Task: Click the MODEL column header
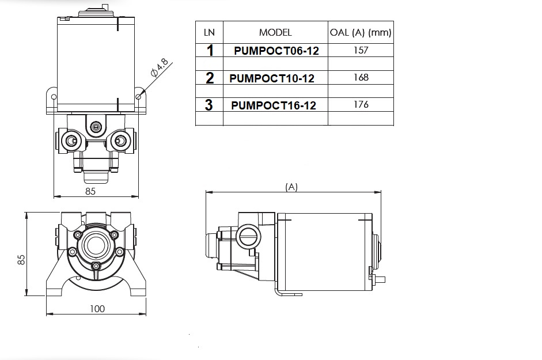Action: [x=275, y=32]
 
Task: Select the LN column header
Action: [x=209, y=32]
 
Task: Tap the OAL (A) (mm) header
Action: [x=361, y=32]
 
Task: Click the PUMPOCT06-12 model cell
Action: [x=276, y=51]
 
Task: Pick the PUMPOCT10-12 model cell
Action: [x=272, y=78]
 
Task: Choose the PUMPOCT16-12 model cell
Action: [x=274, y=105]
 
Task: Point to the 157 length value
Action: [x=361, y=50]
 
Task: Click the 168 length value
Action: [x=361, y=78]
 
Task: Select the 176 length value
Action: [x=361, y=105]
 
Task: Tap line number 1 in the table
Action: [x=210, y=51]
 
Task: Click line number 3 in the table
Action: [x=209, y=105]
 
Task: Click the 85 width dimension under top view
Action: [x=90, y=192]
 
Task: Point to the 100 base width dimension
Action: [x=98, y=309]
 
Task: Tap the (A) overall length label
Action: [x=291, y=187]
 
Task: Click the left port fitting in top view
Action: [x=71, y=141]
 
